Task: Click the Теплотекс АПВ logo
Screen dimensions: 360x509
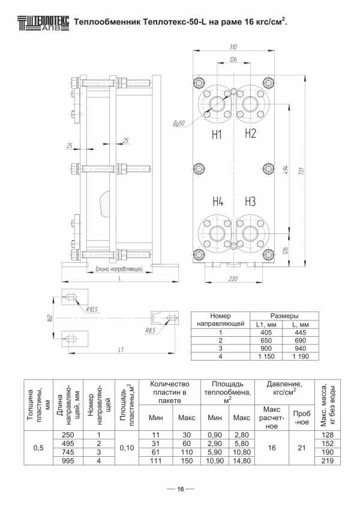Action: [x=43, y=23]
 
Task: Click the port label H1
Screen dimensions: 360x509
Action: [x=217, y=134]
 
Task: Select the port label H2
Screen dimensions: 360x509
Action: [x=250, y=133]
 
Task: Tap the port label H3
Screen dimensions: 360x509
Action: [x=250, y=202]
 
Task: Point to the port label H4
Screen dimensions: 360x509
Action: [x=218, y=202]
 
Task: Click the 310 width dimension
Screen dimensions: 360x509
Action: [x=233, y=47]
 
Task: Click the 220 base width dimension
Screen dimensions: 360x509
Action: [x=233, y=279]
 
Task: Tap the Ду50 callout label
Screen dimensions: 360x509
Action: [x=179, y=124]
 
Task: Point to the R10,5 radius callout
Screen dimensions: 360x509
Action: [x=92, y=309]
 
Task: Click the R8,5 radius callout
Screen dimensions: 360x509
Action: [x=150, y=331]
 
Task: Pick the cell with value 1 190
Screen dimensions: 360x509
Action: [x=301, y=357]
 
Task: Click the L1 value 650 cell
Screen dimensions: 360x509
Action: [x=266, y=340]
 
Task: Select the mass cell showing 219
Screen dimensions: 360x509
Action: [x=328, y=460]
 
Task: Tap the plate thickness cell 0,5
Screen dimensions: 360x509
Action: [x=38, y=448]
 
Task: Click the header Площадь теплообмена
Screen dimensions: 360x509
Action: [x=227, y=392]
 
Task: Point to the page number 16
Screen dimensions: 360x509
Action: [x=180, y=489]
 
